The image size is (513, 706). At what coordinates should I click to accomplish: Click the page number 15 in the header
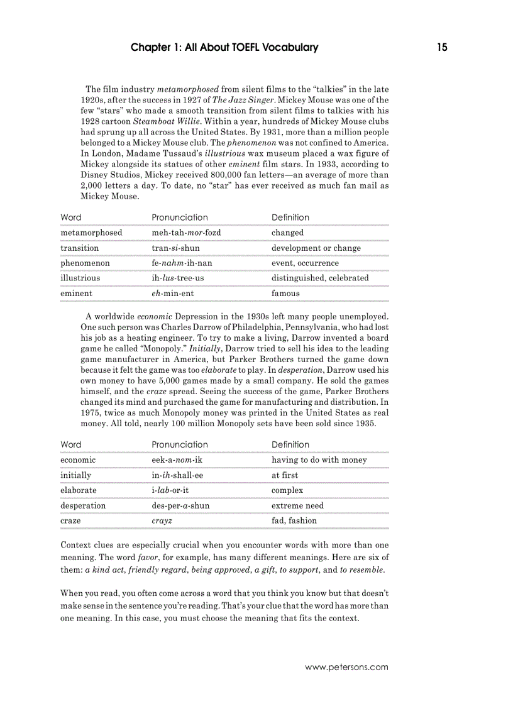(x=442, y=48)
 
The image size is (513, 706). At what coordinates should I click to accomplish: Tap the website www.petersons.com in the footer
(x=346, y=668)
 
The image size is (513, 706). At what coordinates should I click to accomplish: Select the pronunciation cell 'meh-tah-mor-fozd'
(x=186, y=233)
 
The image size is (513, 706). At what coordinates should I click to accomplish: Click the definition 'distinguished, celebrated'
(x=320, y=278)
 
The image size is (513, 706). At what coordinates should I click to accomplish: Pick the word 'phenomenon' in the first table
(x=85, y=263)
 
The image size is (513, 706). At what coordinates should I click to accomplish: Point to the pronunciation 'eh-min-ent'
(x=174, y=293)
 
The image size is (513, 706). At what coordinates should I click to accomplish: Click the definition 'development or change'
(x=316, y=248)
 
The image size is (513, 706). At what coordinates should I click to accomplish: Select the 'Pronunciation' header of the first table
(x=180, y=218)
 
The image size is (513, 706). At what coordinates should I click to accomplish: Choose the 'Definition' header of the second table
(x=290, y=444)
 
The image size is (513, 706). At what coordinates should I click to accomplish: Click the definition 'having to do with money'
(x=319, y=460)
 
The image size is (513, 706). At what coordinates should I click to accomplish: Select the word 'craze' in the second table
(x=70, y=521)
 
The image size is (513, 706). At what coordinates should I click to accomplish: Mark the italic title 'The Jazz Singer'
(x=243, y=100)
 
